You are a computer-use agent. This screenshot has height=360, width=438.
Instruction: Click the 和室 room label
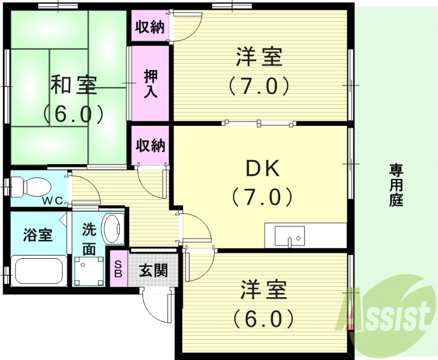point(74,85)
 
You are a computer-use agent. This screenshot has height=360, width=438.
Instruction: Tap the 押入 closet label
point(150,83)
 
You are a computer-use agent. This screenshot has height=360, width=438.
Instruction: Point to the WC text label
point(54,200)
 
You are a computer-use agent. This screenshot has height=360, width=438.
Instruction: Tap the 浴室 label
point(38,236)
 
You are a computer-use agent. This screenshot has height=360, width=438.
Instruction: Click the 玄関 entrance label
point(153,270)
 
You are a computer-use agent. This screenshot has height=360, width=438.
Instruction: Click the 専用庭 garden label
point(396,184)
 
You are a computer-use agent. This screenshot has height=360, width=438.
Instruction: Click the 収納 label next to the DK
point(150,146)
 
